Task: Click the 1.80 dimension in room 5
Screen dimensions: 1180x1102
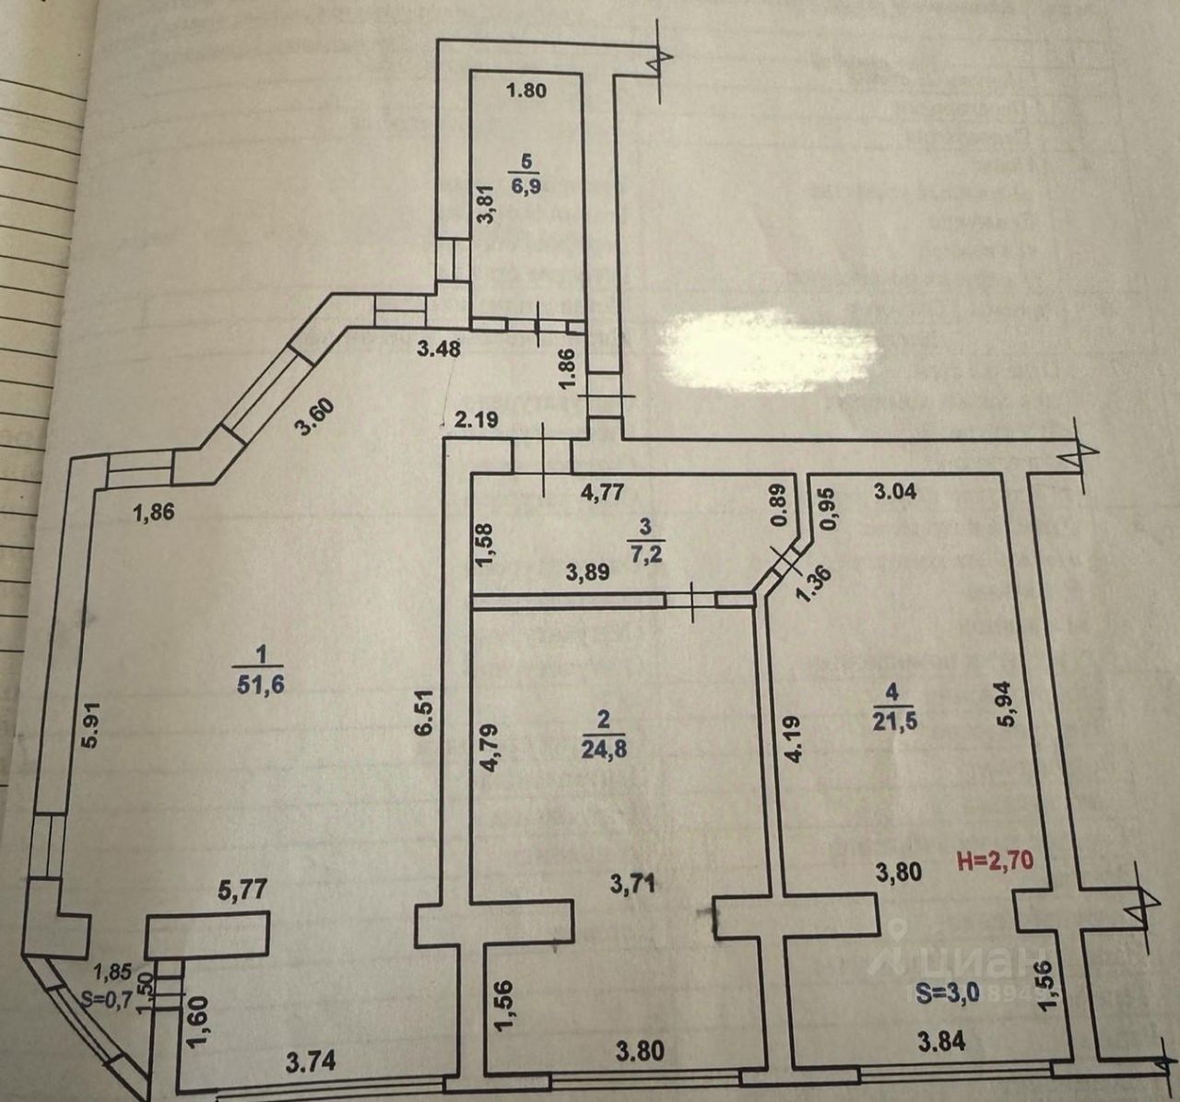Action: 527,90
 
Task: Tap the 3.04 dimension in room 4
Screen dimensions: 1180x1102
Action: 894,490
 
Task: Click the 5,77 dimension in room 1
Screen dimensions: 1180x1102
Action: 214,891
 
